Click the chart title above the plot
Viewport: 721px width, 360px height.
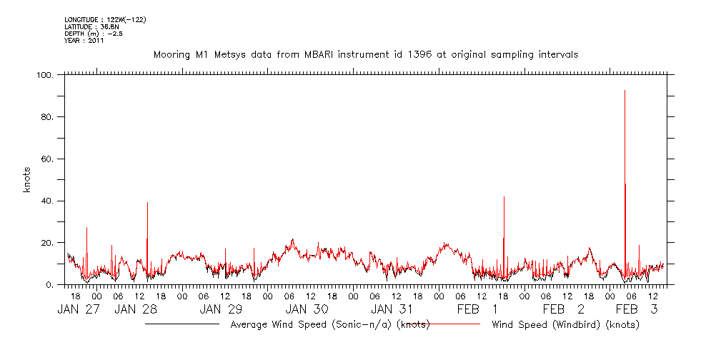click(x=366, y=54)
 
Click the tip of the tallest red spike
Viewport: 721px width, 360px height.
click(x=625, y=91)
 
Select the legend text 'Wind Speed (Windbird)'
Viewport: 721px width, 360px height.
click(x=565, y=325)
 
